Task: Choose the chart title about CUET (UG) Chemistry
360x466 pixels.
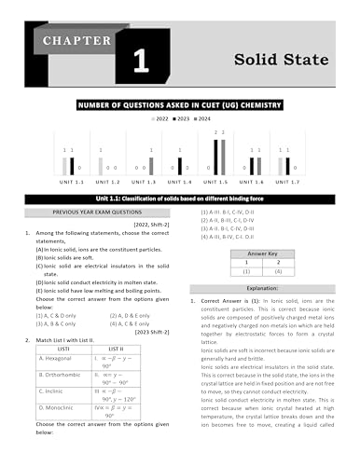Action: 181,106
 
